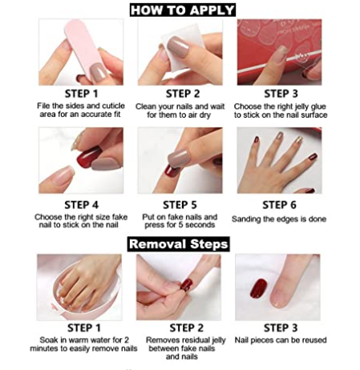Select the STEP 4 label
coord(80,205)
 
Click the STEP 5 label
coord(180,205)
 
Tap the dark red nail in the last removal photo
coord(258,288)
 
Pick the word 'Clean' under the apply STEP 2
coord(143,106)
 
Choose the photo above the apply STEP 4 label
coord(80,160)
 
